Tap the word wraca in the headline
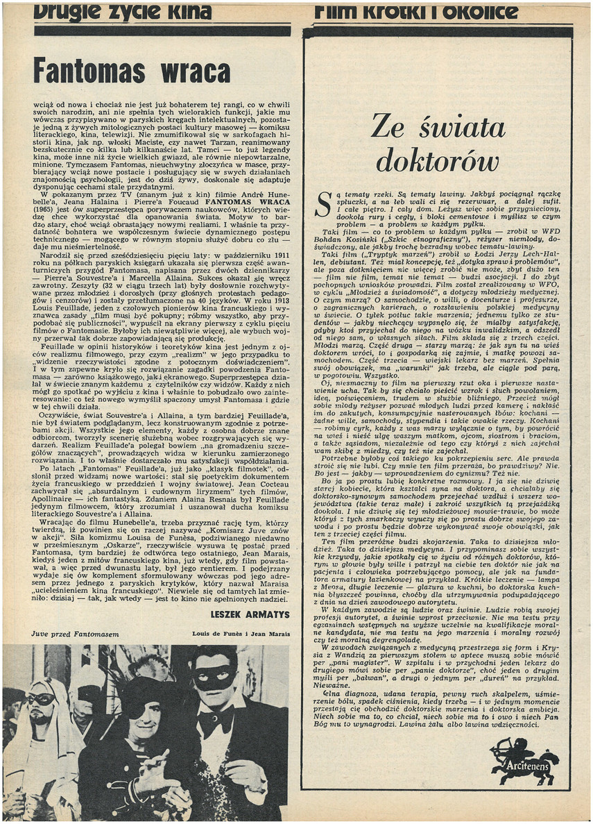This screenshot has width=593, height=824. pos(194,72)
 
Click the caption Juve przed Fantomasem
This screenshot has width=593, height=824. pos(65,634)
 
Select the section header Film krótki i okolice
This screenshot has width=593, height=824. pos(416,12)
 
